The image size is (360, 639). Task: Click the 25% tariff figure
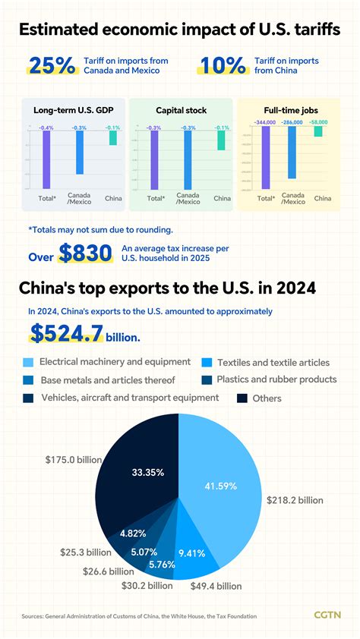tap(52, 65)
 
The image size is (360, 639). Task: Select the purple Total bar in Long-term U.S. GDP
tap(46, 158)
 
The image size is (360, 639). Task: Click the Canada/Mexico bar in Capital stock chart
tap(188, 159)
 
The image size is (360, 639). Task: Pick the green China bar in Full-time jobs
tap(318, 131)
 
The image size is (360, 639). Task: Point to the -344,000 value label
tap(265, 121)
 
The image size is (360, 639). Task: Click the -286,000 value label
tap(292, 121)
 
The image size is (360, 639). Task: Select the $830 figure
tap(85, 254)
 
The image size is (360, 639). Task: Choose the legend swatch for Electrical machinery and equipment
tap(28, 362)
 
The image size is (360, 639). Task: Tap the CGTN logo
tap(327, 614)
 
